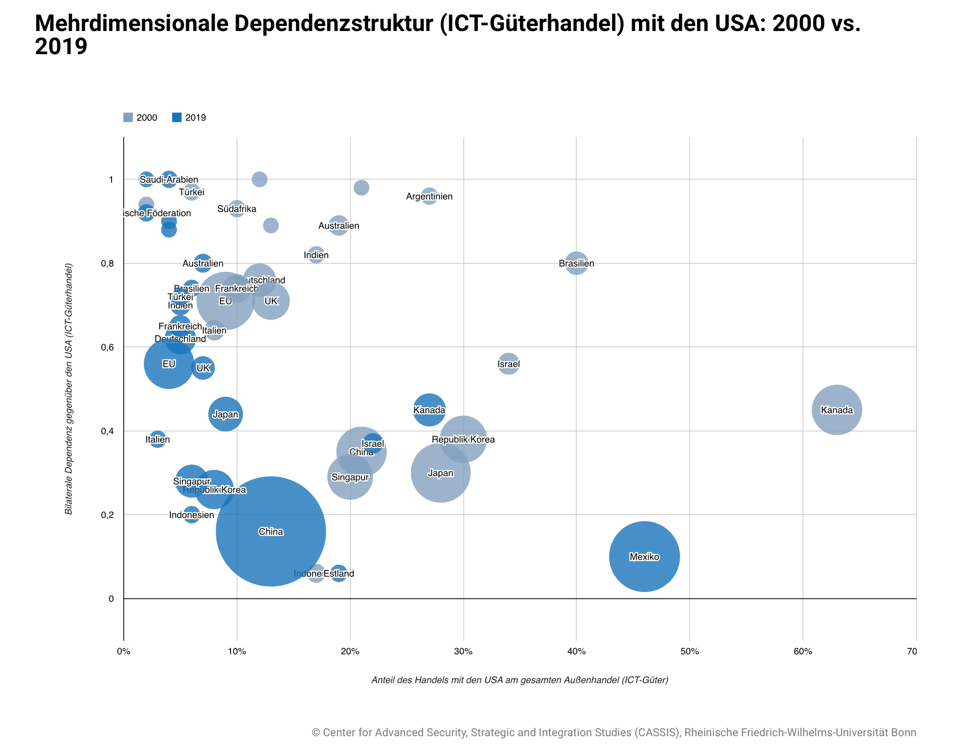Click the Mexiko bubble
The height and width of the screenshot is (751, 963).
click(x=644, y=556)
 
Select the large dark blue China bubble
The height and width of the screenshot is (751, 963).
click(x=271, y=531)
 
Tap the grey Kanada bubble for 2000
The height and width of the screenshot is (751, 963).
click(x=837, y=410)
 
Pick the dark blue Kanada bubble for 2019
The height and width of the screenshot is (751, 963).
click(x=429, y=410)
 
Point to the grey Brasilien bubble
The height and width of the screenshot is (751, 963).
click(x=576, y=263)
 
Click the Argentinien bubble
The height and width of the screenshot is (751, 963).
click(x=429, y=196)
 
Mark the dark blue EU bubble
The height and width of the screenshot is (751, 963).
click(x=169, y=364)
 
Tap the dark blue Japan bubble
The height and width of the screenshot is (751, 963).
click(x=225, y=414)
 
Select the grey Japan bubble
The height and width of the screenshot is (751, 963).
click(x=440, y=473)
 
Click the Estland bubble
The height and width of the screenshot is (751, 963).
click(x=339, y=573)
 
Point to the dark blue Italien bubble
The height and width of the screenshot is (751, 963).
click(x=157, y=439)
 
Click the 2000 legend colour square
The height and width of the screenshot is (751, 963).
click(x=128, y=118)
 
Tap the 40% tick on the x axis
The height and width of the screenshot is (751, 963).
click(x=576, y=651)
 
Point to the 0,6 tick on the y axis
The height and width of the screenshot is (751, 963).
click(x=107, y=347)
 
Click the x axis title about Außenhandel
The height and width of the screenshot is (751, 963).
click(x=519, y=680)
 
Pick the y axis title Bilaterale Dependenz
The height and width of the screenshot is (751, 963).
click(x=69, y=389)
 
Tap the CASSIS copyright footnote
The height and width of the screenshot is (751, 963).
click(x=613, y=732)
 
